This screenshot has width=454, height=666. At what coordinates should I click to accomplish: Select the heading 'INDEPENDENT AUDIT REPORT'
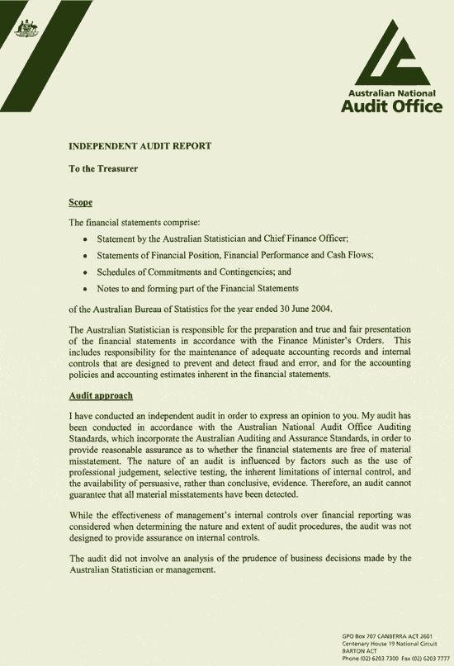pos(140,145)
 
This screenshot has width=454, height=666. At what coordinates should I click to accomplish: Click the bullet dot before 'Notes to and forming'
pos(86,289)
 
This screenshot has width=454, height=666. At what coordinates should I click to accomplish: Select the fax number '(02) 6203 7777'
pos(429,656)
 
